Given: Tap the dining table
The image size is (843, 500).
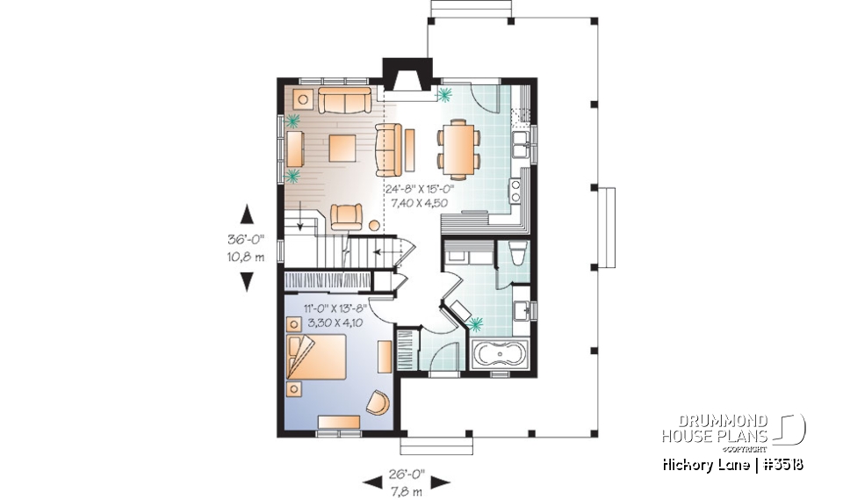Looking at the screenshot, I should pos(458,147).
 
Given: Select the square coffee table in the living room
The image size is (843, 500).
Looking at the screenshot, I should pos(344,148).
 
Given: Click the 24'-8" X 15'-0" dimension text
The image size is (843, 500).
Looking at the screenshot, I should pos(417,189).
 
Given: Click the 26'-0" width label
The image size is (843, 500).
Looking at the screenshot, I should pos(406,472).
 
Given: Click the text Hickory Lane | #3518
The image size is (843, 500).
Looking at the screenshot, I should pos(733,464).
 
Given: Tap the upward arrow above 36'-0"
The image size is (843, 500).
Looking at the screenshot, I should pos(247,214).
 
